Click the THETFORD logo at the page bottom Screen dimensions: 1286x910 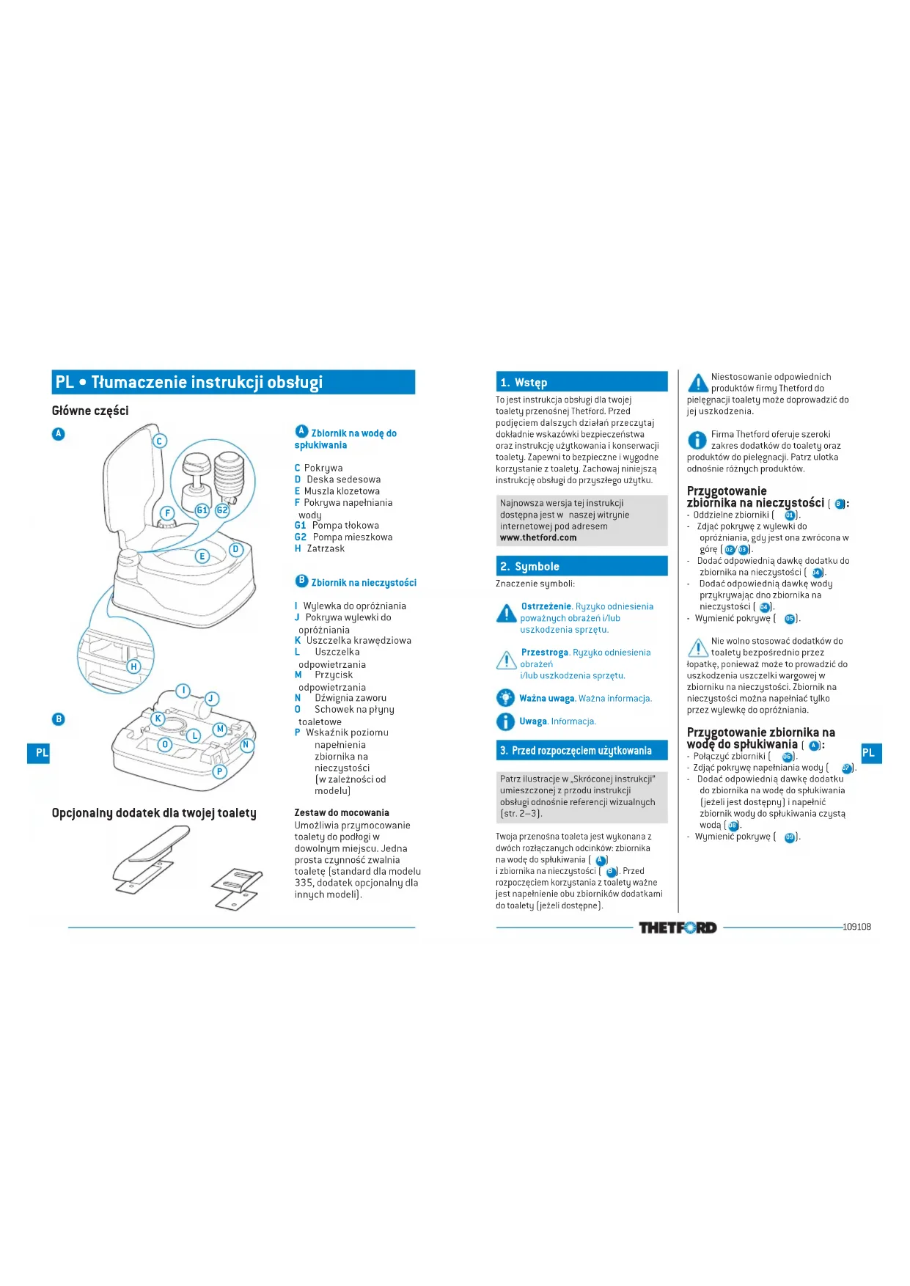tap(677, 927)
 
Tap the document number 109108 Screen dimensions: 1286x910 tap(856, 927)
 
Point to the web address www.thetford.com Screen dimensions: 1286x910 tap(538, 537)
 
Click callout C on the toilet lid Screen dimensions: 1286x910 tap(159, 441)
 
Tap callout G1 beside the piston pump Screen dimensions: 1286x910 tap(202, 510)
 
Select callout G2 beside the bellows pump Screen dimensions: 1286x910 tap(222, 510)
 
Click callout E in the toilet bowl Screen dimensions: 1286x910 tap(202, 556)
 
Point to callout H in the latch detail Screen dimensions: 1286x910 tap(133, 666)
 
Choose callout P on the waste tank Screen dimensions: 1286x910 tap(219, 771)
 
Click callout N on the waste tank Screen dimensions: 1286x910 tap(246, 745)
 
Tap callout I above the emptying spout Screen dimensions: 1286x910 tap(183, 691)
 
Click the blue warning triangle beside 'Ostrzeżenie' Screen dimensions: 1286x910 tap(506, 613)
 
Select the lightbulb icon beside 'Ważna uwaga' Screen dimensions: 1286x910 tap(505, 698)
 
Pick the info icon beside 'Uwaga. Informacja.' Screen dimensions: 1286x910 tap(505, 721)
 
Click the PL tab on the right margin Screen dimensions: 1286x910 tap(870, 753)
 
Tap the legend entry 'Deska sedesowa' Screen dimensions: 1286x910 tap(343, 480)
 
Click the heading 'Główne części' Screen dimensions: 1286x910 tap(90, 411)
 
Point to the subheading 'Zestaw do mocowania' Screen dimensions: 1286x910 tap(342, 812)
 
